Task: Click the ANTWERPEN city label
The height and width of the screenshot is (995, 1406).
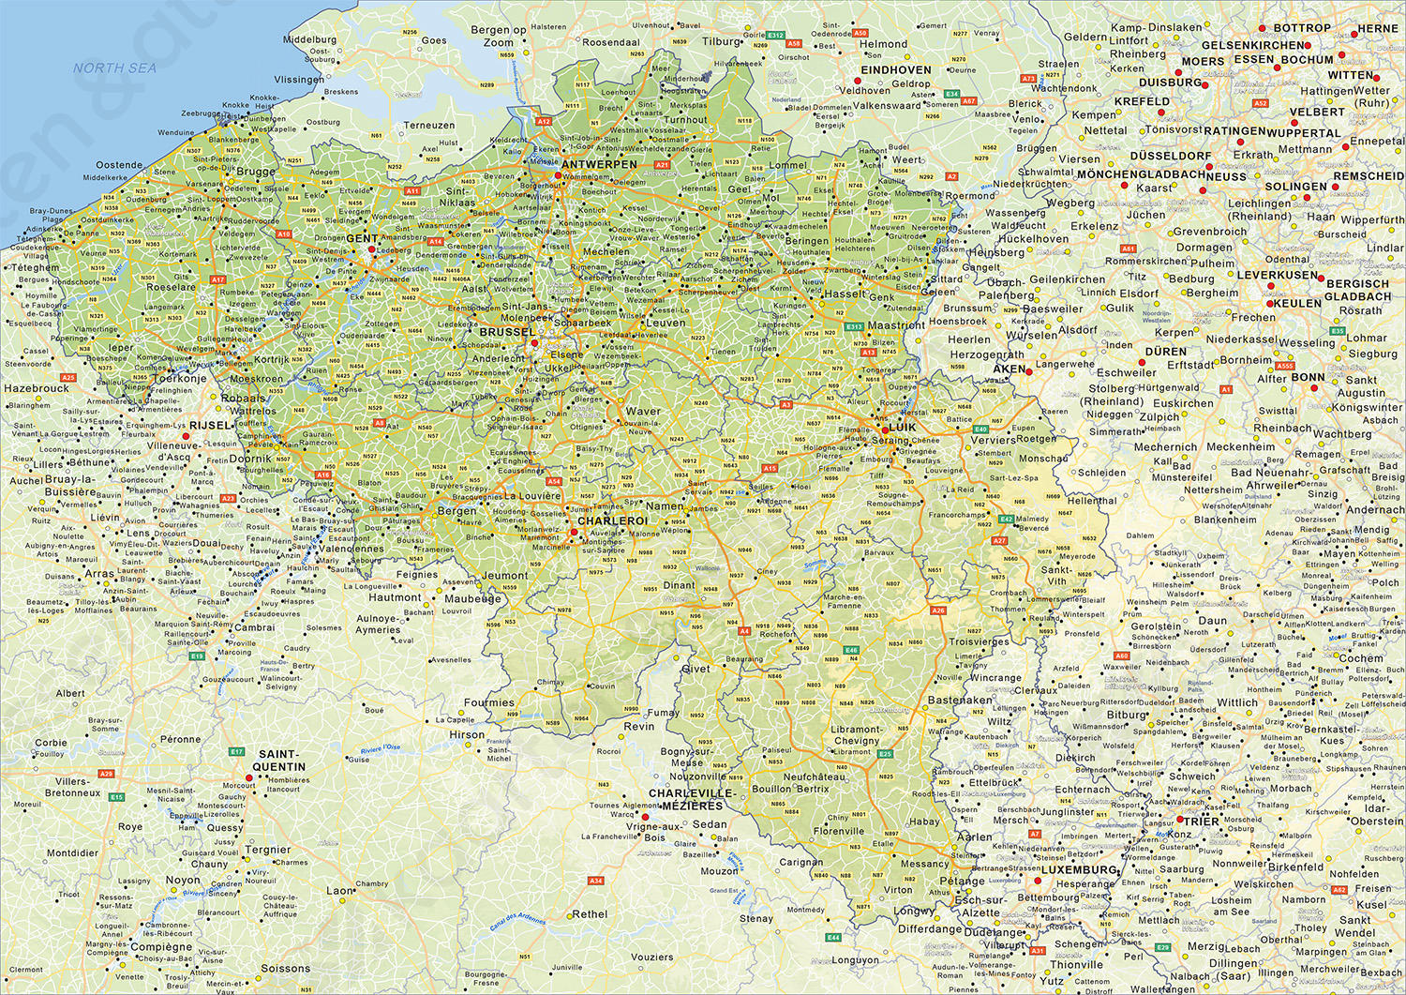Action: (600, 164)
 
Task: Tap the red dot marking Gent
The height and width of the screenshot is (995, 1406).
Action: (372, 249)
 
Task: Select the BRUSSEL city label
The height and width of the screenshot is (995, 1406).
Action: (507, 332)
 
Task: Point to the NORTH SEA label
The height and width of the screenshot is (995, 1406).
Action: (115, 68)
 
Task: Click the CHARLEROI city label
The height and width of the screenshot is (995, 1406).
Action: (613, 520)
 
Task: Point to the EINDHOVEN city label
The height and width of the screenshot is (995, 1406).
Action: (896, 70)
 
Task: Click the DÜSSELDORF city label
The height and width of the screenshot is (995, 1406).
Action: (1170, 156)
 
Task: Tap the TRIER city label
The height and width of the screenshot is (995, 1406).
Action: (1203, 821)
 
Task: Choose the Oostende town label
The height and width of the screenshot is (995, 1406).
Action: (119, 165)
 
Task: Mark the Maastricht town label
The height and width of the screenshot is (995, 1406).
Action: (896, 325)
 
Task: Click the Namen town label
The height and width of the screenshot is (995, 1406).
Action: (665, 505)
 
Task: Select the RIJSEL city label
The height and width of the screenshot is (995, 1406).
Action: (210, 425)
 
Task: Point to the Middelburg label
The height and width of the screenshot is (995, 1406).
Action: (309, 40)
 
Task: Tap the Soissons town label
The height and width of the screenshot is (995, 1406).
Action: (285, 968)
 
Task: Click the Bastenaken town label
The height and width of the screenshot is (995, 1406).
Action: (960, 700)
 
